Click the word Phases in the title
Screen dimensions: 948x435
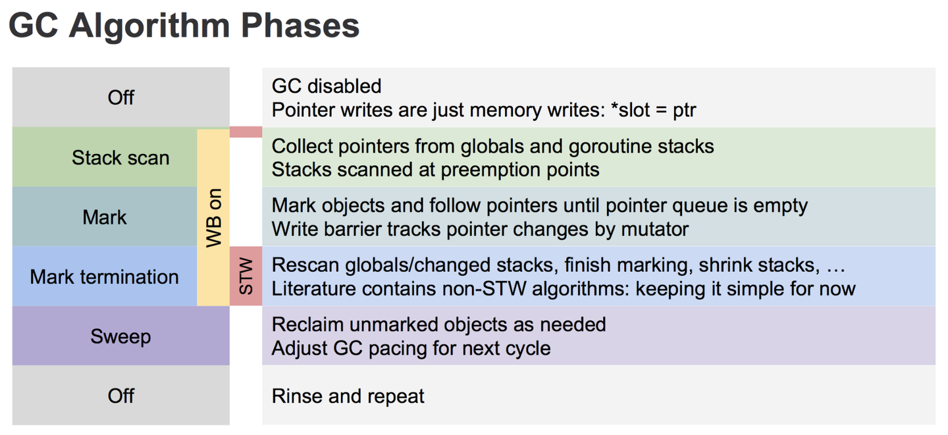(300, 26)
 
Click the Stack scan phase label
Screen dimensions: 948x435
(120, 158)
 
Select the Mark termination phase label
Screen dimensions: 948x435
(104, 277)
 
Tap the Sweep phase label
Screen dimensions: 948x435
(120, 337)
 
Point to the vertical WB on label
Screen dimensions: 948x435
(214, 218)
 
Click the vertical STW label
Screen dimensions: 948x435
(246, 276)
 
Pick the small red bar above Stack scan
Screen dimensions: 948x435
(246, 132)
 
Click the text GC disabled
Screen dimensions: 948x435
(327, 86)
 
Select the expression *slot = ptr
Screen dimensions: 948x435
(654, 110)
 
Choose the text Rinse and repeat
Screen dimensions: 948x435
(348, 396)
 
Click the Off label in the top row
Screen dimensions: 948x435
(120, 98)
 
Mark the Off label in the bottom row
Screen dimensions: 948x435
(120, 396)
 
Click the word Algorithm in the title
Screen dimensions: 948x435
(150, 26)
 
